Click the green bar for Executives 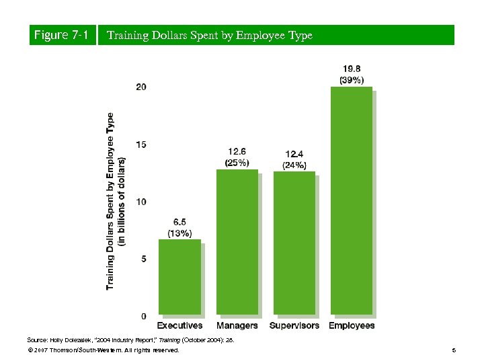(x=179, y=277)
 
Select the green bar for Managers (x=237, y=242)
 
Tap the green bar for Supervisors (x=294, y=243)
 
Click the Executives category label (x=179, y=326)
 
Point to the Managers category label (x=237, y=326)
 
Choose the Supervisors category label (x=294, y=326)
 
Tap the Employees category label (x=352, y=326)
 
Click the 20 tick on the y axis (x=142, y=87)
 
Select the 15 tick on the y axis (x=142, y=145)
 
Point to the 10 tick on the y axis (x=142, y=202)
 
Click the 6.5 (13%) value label (x=179, y=227)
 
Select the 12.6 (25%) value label (x=237, y=157)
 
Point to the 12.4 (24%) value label (x=294, y=159)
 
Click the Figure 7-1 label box (x=61, y=35)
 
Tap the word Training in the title (x=128, y=35)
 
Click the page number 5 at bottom (x=454, y=350)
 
